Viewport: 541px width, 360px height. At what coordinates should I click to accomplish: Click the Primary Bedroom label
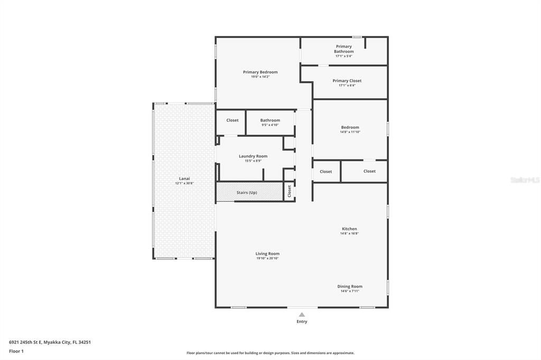coord(260,72)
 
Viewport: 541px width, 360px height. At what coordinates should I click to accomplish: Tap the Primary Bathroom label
coord(343,49)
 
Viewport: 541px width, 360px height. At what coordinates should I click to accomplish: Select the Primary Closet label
coord(347,81)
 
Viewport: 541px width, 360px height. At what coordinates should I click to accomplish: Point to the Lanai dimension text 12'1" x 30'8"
coord(185,183)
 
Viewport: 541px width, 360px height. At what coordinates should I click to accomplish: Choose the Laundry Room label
coord(253,156)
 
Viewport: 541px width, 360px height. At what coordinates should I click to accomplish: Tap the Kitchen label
coord(349,229)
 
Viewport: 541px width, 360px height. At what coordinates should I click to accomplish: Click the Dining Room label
coord(350,286)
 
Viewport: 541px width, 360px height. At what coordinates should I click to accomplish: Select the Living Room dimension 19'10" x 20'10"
coord(267,258)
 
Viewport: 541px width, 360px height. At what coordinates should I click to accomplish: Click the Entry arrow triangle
coord(302,314)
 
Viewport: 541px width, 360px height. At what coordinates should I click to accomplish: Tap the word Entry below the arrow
coord(302,321)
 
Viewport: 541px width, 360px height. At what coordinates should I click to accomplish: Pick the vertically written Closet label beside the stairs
coord(289,191)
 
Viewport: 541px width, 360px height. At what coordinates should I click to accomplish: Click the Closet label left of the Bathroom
coord(232,120)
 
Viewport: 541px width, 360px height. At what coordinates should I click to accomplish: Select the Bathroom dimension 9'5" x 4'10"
coord(270,125)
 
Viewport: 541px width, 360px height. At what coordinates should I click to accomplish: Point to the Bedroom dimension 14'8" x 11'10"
coord(350,132)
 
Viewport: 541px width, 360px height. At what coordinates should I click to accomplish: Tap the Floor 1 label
coord(16,351)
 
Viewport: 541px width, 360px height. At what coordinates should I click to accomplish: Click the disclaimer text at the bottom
coord(270,353)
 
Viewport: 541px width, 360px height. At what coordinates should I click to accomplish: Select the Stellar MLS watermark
coord(525,180)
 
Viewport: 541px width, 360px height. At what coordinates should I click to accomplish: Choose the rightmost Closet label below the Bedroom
coord(369,171)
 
